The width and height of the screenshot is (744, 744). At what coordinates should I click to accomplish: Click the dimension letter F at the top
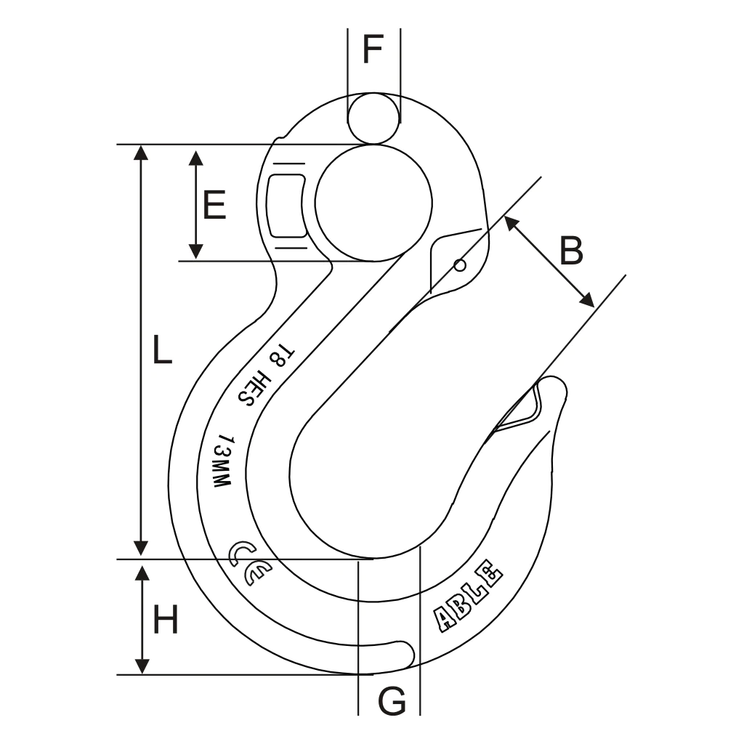(x=373, y=49)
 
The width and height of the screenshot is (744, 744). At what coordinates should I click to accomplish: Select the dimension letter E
(x=214, y=205)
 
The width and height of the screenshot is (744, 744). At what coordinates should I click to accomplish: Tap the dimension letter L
(x=161, y=351)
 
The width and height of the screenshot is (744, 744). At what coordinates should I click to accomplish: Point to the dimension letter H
(x=166, y=621)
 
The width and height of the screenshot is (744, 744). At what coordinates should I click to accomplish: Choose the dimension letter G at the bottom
(x=392, y=702)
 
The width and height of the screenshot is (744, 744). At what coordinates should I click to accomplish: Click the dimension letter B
(x=571, y=251)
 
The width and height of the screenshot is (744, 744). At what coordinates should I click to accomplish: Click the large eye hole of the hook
(x=373, y=201)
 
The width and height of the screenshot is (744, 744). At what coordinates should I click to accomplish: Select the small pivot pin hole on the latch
(x=460, y=265)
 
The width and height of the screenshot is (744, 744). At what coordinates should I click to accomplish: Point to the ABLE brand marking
(x=468, y=596)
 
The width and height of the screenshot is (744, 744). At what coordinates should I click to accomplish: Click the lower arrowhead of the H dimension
(x=142, y=666)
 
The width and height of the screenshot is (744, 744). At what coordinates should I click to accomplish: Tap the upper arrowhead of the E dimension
(x=195, y=158)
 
